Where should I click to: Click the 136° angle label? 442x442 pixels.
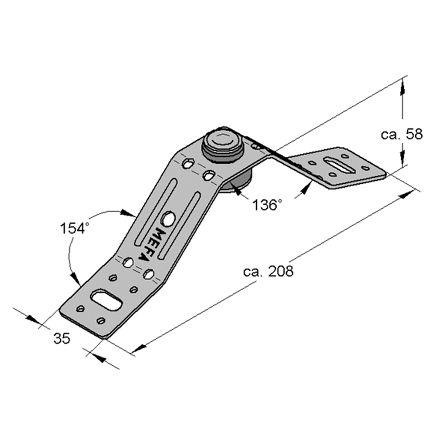pos(267,205)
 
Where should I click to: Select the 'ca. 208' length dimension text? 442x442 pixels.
pos(268,271)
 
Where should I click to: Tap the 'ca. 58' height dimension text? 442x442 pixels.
pos(401,134)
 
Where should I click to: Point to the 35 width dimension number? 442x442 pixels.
pos(62,338)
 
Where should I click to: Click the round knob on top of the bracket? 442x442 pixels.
pos(223,145)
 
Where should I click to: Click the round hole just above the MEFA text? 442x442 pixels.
pos(168,218)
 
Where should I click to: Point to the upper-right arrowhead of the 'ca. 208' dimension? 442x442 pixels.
pos(407,194)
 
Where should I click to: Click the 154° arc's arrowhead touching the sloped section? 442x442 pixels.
pos(128,213)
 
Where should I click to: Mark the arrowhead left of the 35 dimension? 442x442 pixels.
pos(32,319)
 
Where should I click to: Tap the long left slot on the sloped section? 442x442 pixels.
pos(156,212)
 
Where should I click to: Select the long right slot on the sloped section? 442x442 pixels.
pos(179,225)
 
